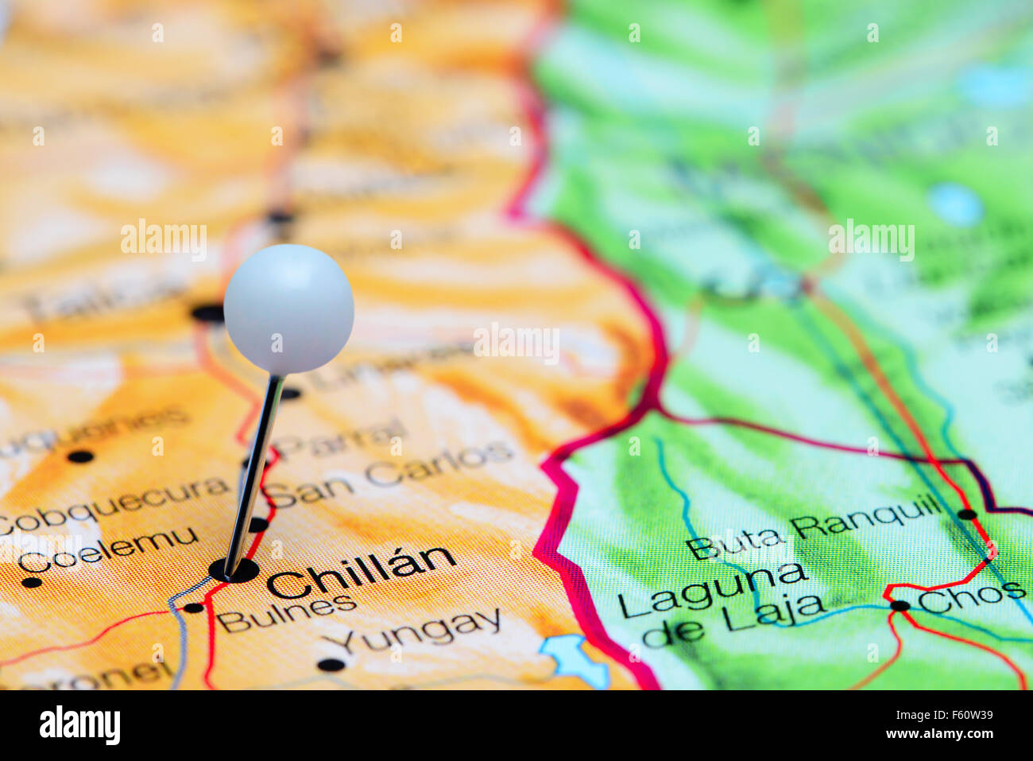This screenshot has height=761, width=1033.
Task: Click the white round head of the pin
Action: click(288, 309)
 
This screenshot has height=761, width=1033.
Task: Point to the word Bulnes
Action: click(286, 613)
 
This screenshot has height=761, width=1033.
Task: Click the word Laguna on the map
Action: click(712, 592)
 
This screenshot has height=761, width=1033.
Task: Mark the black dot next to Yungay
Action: click(331, 664)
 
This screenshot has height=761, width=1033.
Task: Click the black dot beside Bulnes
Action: click(193, 608)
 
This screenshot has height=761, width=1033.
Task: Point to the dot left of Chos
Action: click(900, 605)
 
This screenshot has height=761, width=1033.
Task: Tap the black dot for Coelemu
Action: click(31, 582)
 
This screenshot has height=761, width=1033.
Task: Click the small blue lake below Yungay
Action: click(575, 659)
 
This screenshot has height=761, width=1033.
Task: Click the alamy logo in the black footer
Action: click(79, 724)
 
